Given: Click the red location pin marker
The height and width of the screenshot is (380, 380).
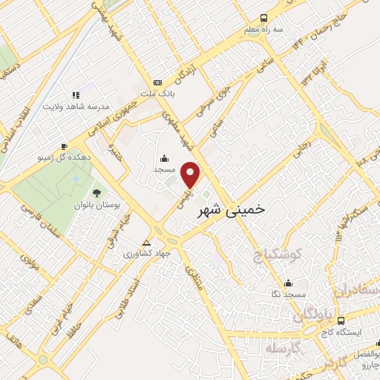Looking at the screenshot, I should point(191,174).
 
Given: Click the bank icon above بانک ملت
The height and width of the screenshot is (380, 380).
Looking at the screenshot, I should point(157,82).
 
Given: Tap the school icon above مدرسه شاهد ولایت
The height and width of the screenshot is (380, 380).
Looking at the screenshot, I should point(76,95).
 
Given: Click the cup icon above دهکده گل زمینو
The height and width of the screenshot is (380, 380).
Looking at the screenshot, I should point(65,146).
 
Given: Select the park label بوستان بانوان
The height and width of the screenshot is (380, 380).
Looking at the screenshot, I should point(93,204).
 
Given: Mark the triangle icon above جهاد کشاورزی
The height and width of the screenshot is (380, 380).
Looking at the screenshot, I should point(147,243).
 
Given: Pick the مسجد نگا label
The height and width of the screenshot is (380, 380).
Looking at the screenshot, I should point(289,294).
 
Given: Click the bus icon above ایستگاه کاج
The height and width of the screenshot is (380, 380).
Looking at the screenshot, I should point(341,321).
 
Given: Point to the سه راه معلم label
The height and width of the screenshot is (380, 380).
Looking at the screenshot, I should point(262,30).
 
